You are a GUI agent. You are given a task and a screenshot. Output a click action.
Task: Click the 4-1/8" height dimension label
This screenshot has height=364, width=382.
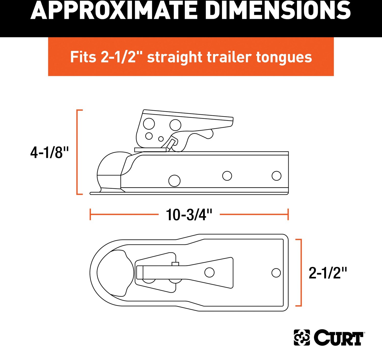49,153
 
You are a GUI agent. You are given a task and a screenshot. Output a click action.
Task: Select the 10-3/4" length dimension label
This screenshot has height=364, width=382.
189,215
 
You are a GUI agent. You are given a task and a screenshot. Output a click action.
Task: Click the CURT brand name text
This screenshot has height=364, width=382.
339,338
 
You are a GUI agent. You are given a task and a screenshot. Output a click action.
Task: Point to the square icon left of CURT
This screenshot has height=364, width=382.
302,338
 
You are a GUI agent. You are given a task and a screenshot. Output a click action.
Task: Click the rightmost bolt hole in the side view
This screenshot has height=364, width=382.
276,176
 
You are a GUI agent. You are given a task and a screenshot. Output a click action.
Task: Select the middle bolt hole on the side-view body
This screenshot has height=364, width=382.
227,176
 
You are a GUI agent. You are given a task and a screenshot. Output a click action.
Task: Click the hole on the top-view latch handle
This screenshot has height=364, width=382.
209,272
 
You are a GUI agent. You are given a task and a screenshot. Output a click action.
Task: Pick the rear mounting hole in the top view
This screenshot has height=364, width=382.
276,273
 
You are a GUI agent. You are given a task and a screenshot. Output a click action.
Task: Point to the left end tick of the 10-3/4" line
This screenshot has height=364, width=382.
90,215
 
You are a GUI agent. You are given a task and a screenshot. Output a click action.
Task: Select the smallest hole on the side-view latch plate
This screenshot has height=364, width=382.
161,139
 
